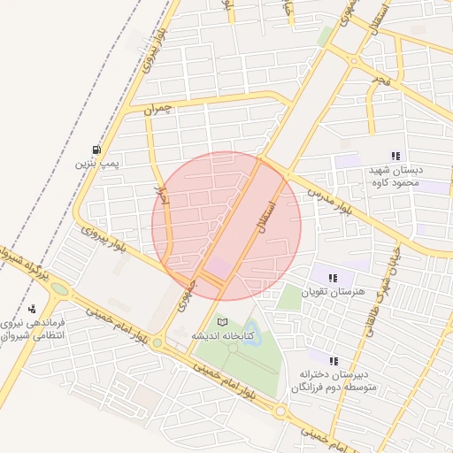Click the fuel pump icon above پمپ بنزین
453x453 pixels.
(96, 149)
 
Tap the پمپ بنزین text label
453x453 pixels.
(96, 164)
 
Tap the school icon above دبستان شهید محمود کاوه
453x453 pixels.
(395, 156)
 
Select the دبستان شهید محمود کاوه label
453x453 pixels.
(395, 175)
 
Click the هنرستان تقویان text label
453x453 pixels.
(333, 291)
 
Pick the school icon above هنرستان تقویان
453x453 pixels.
(333, 278)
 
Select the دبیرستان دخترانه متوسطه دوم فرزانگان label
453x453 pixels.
(334, 381)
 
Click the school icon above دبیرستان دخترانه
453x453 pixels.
(334, 361)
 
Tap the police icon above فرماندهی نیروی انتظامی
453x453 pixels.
(32, 310)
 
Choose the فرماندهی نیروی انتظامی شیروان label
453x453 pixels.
(32, 330)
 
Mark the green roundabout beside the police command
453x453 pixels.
(59, 288)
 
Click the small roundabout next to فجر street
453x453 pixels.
(354, 61)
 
